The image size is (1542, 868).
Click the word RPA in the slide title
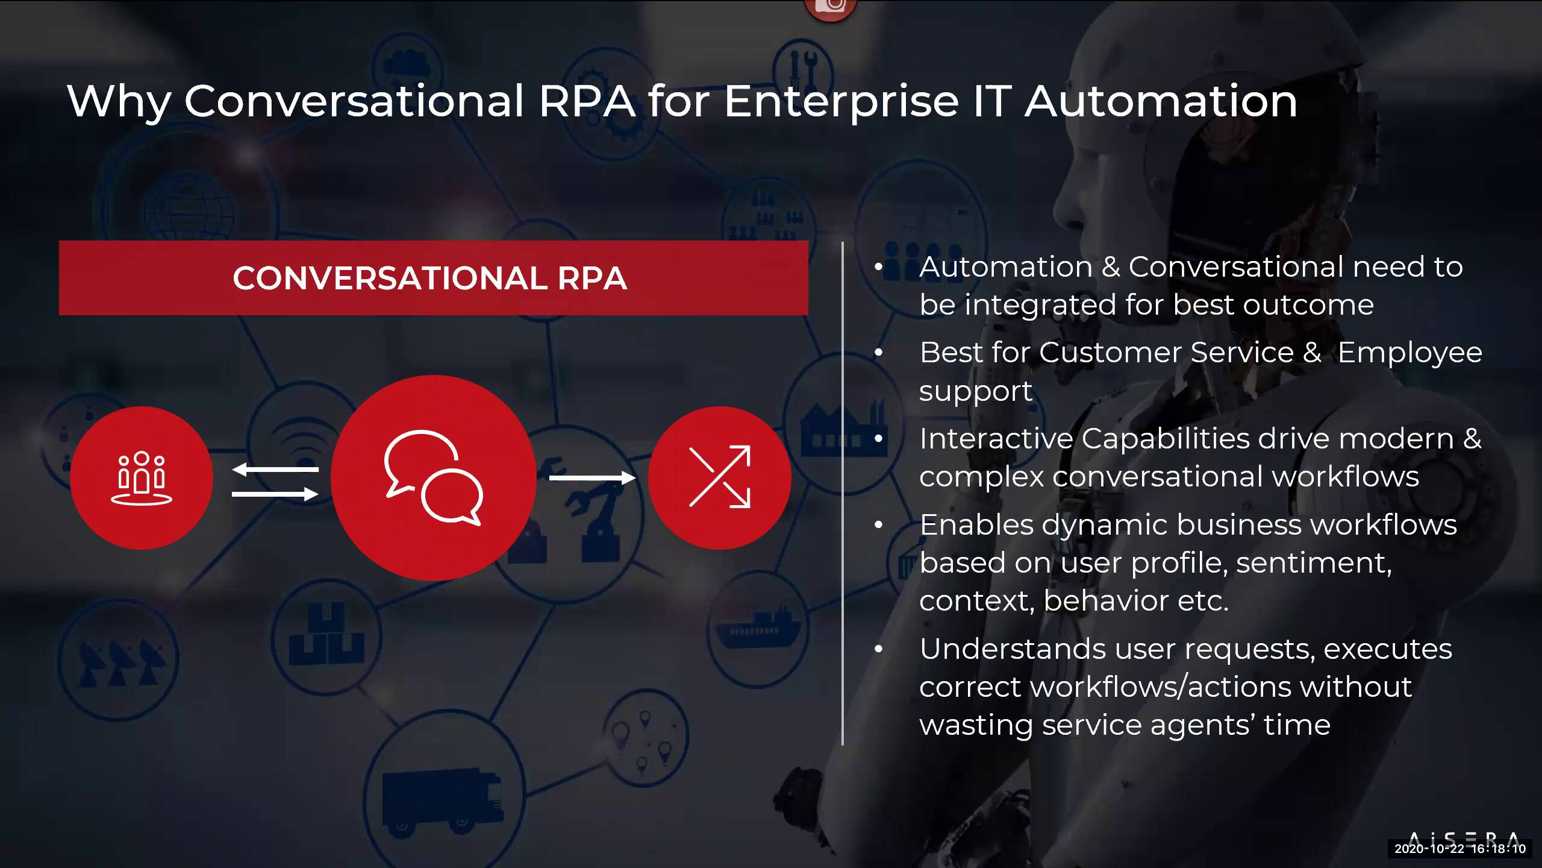tap(587, 101)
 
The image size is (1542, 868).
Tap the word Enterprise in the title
tap(841, 101)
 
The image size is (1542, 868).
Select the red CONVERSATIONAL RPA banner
tap(433, 278)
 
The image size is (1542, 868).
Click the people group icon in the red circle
tap(142, 477)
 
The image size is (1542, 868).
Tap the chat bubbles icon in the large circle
tap(433, 477)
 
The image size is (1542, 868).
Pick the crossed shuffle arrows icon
tap(719, 477)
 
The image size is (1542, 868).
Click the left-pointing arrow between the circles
tap(275, 469)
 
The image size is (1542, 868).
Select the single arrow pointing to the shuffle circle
tap(592, 478)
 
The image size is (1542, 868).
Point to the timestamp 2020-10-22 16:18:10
tap(1459, 849)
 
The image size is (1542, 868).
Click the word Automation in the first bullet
tap(1005, 267)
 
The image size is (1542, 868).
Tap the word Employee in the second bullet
tap(1409, 353)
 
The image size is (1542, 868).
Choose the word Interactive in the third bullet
tap(996, 439)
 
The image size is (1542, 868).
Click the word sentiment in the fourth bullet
tap(1313, 563)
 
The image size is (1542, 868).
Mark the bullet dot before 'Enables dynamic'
tap(879, 525)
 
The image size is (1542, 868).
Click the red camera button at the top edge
tap(830, 7)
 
